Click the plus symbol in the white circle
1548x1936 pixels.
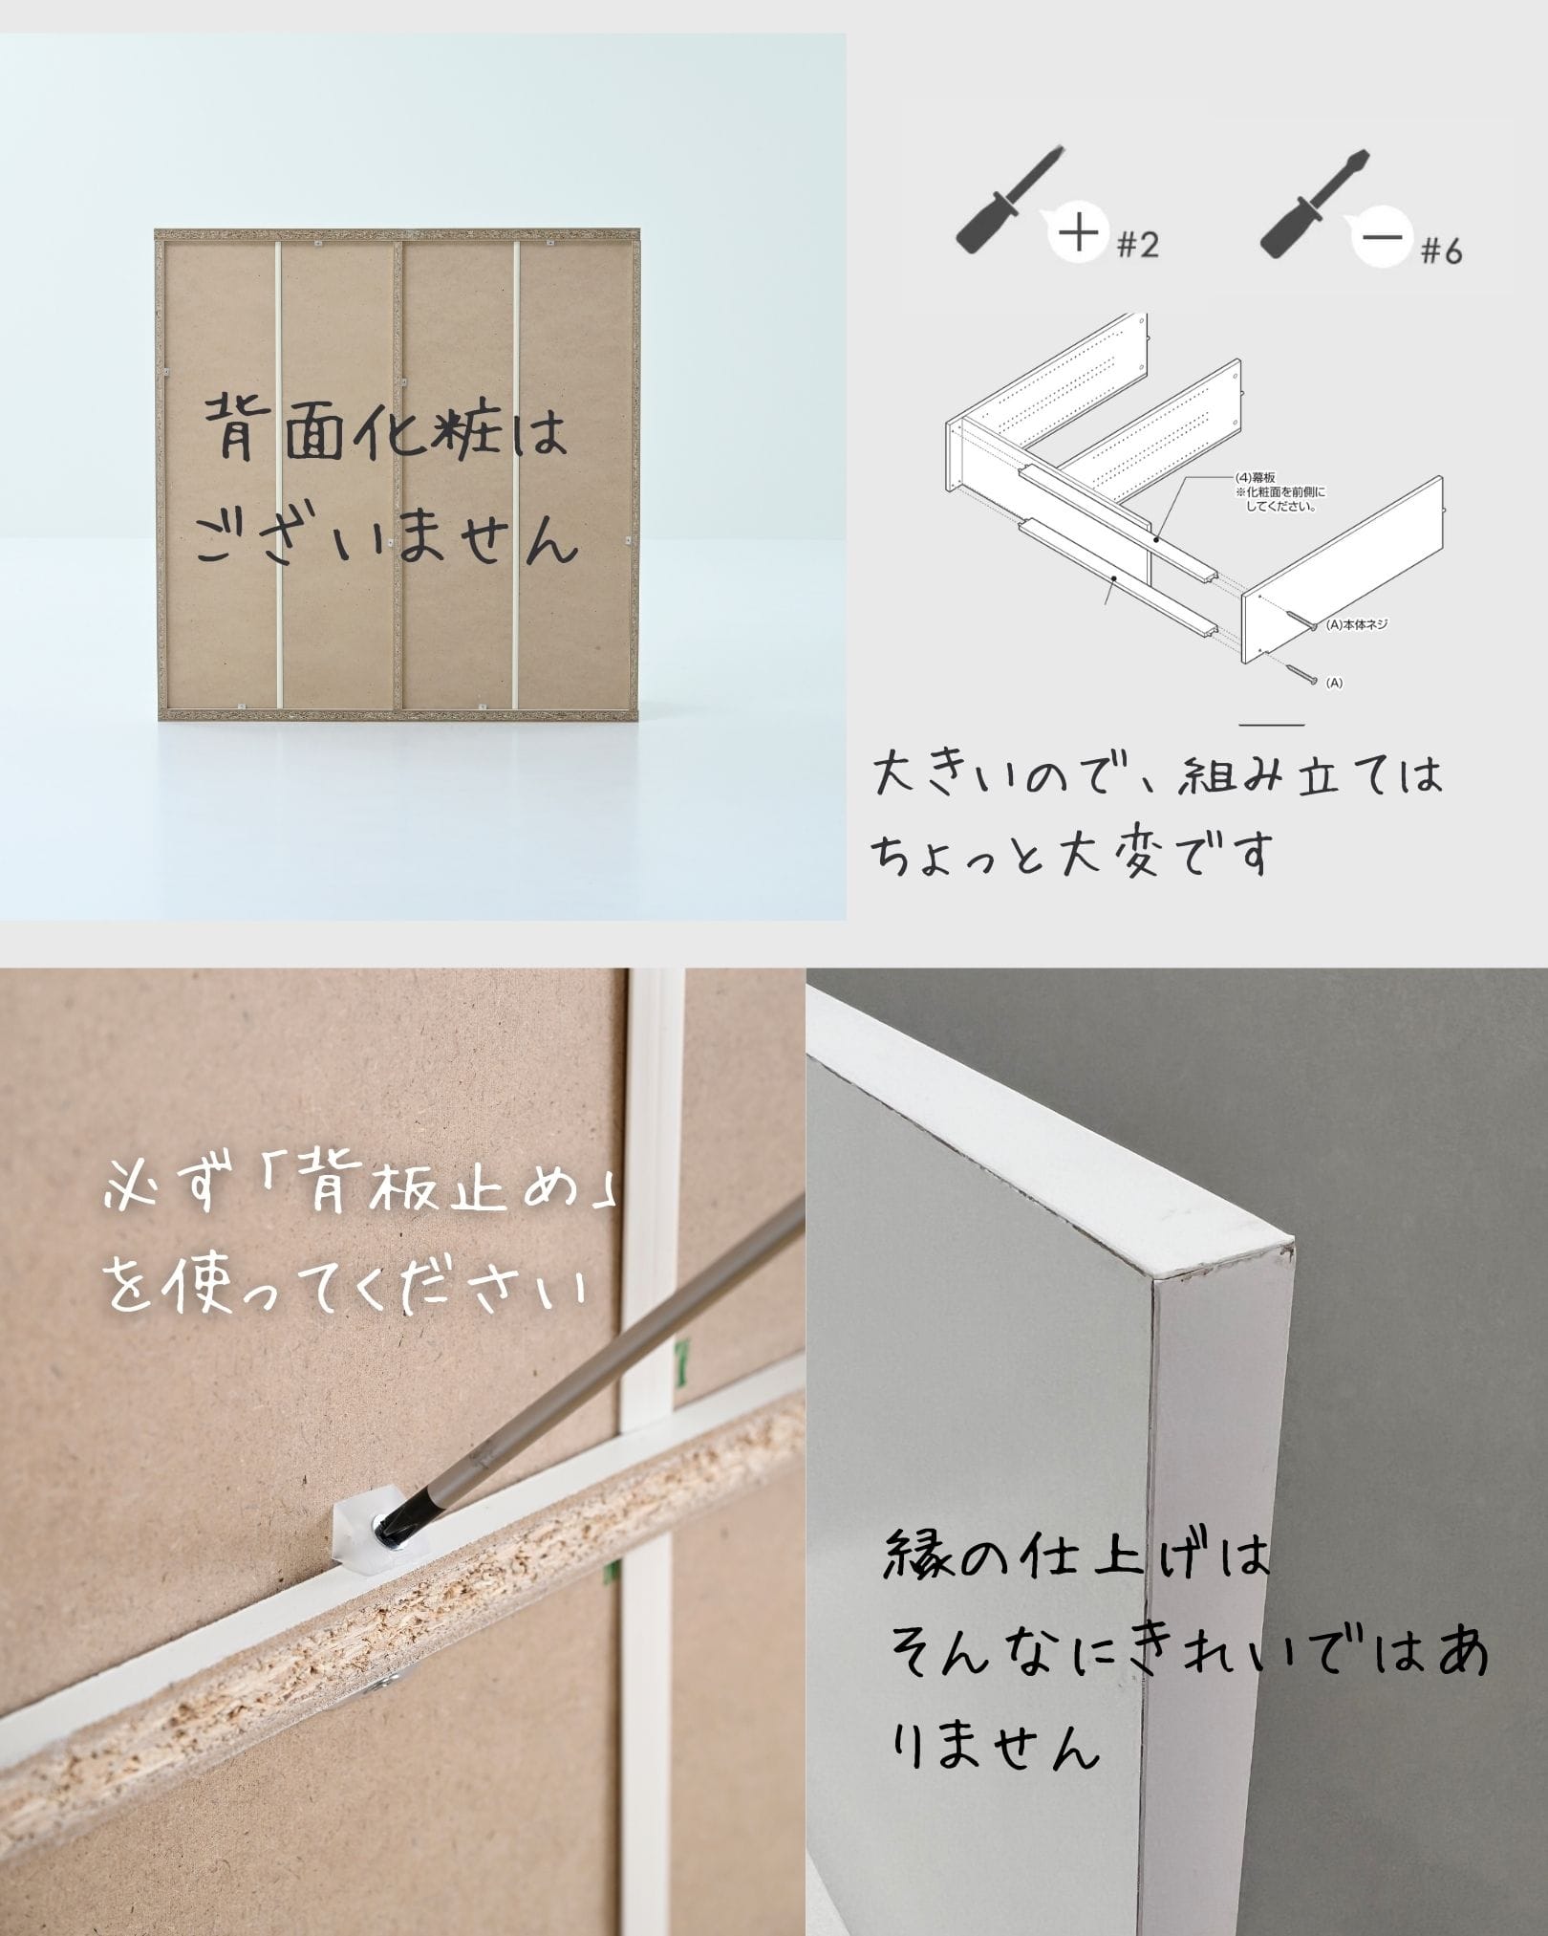(1078, 233)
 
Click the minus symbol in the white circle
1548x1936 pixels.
(1382, 239)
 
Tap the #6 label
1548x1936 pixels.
(1441, 251)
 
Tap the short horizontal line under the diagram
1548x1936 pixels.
(1272, 725)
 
